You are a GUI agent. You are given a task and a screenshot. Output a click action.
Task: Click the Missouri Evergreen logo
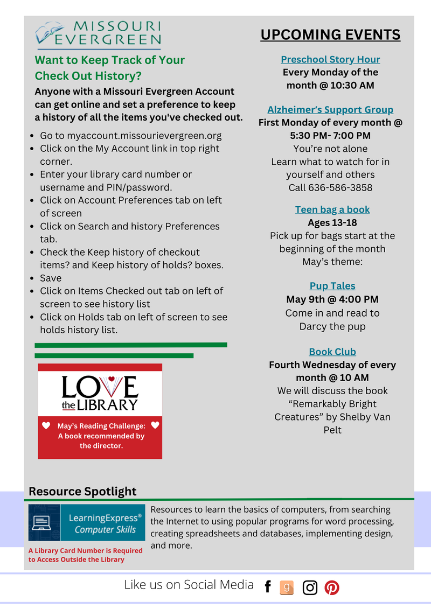(x=98, y=34)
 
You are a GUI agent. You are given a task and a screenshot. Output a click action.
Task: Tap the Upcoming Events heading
(x=330, y=35)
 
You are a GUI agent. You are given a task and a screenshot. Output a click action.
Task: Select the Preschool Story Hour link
(x=330, y=59)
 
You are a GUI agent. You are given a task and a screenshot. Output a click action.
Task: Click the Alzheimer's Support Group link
(x=330, y=110)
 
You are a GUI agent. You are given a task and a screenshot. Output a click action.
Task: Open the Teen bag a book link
(x=332, y=209)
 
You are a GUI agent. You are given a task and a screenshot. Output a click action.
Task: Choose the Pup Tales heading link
(x=332, y=286)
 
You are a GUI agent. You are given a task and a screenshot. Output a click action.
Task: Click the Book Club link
(x=332, y=352)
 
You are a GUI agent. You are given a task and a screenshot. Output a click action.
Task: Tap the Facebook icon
(x=267, y=587)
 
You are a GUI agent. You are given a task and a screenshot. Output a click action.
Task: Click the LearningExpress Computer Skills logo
(x=87, y=523)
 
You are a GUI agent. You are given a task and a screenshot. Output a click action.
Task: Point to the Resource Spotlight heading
(x=82, y=491)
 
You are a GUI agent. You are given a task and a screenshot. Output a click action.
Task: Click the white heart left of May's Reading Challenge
(x=46, y=425)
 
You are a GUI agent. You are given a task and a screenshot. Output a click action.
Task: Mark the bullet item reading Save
(x=51, y=278)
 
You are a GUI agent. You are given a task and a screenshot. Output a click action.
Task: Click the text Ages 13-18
(x=332, y=222)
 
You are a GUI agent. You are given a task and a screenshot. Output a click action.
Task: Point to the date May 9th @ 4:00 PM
(x=332, y=299)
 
